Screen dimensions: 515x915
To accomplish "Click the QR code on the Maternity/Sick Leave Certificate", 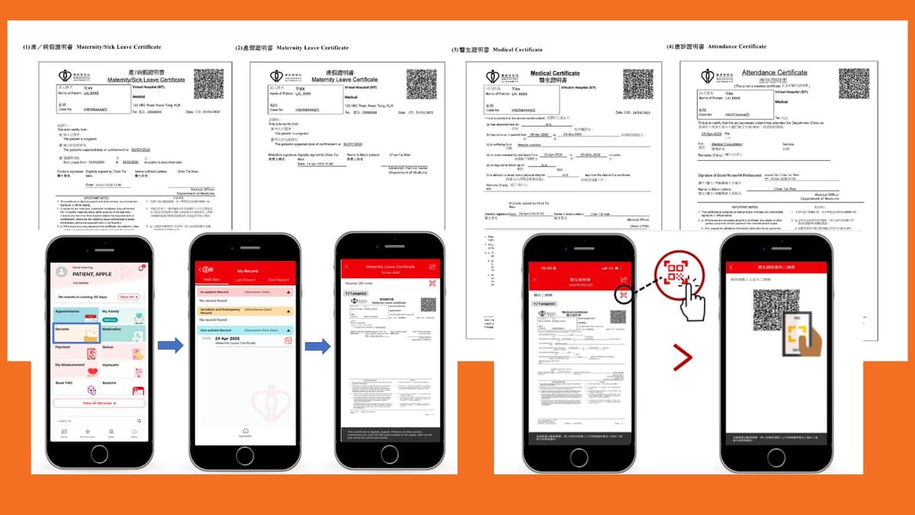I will pyautogui.click(x=208, y=84).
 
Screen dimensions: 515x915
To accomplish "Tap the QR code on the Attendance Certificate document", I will pyautogui.click(x=853, y=84).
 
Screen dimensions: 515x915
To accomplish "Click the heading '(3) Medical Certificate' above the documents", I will pyautogui.click(x=497, y=50).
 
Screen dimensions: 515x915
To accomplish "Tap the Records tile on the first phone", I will pyautogui.click(x=75, y=332).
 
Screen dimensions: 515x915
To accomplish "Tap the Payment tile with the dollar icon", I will pyautogui.click(x=75, y=352).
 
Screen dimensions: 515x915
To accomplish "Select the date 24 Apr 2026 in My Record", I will pyautogui.click(x=235, y=337).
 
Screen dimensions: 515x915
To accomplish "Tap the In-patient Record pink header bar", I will pyautogui.click(x=243, y=291).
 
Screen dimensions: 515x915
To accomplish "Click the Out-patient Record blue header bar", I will pyautogui.click(x=243, y=330).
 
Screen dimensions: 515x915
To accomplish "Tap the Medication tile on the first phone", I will pyautogui.click(x=122, y=332).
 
